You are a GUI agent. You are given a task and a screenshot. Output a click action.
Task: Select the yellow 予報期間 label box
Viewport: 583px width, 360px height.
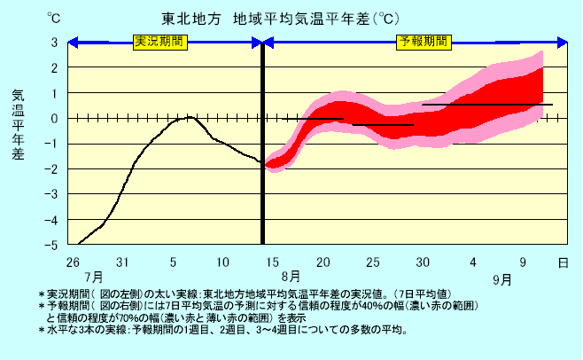[424, 42]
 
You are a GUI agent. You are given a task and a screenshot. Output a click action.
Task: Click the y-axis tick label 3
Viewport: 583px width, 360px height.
[54, 42]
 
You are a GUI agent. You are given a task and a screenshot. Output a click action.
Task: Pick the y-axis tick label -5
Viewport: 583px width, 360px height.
[54, 244]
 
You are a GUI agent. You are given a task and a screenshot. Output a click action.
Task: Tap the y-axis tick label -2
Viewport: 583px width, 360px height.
[54, 168]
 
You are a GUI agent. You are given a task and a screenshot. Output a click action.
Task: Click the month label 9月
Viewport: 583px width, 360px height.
[502, 279]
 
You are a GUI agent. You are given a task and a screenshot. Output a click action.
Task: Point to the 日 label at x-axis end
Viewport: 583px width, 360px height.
[564, 262]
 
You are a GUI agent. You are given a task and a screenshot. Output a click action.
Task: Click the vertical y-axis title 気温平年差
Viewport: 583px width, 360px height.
[19, 124]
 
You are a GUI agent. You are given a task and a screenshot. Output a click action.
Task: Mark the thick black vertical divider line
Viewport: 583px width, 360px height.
[263, 142]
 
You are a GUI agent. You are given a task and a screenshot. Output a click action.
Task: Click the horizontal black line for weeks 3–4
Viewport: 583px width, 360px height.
[487, 105]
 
